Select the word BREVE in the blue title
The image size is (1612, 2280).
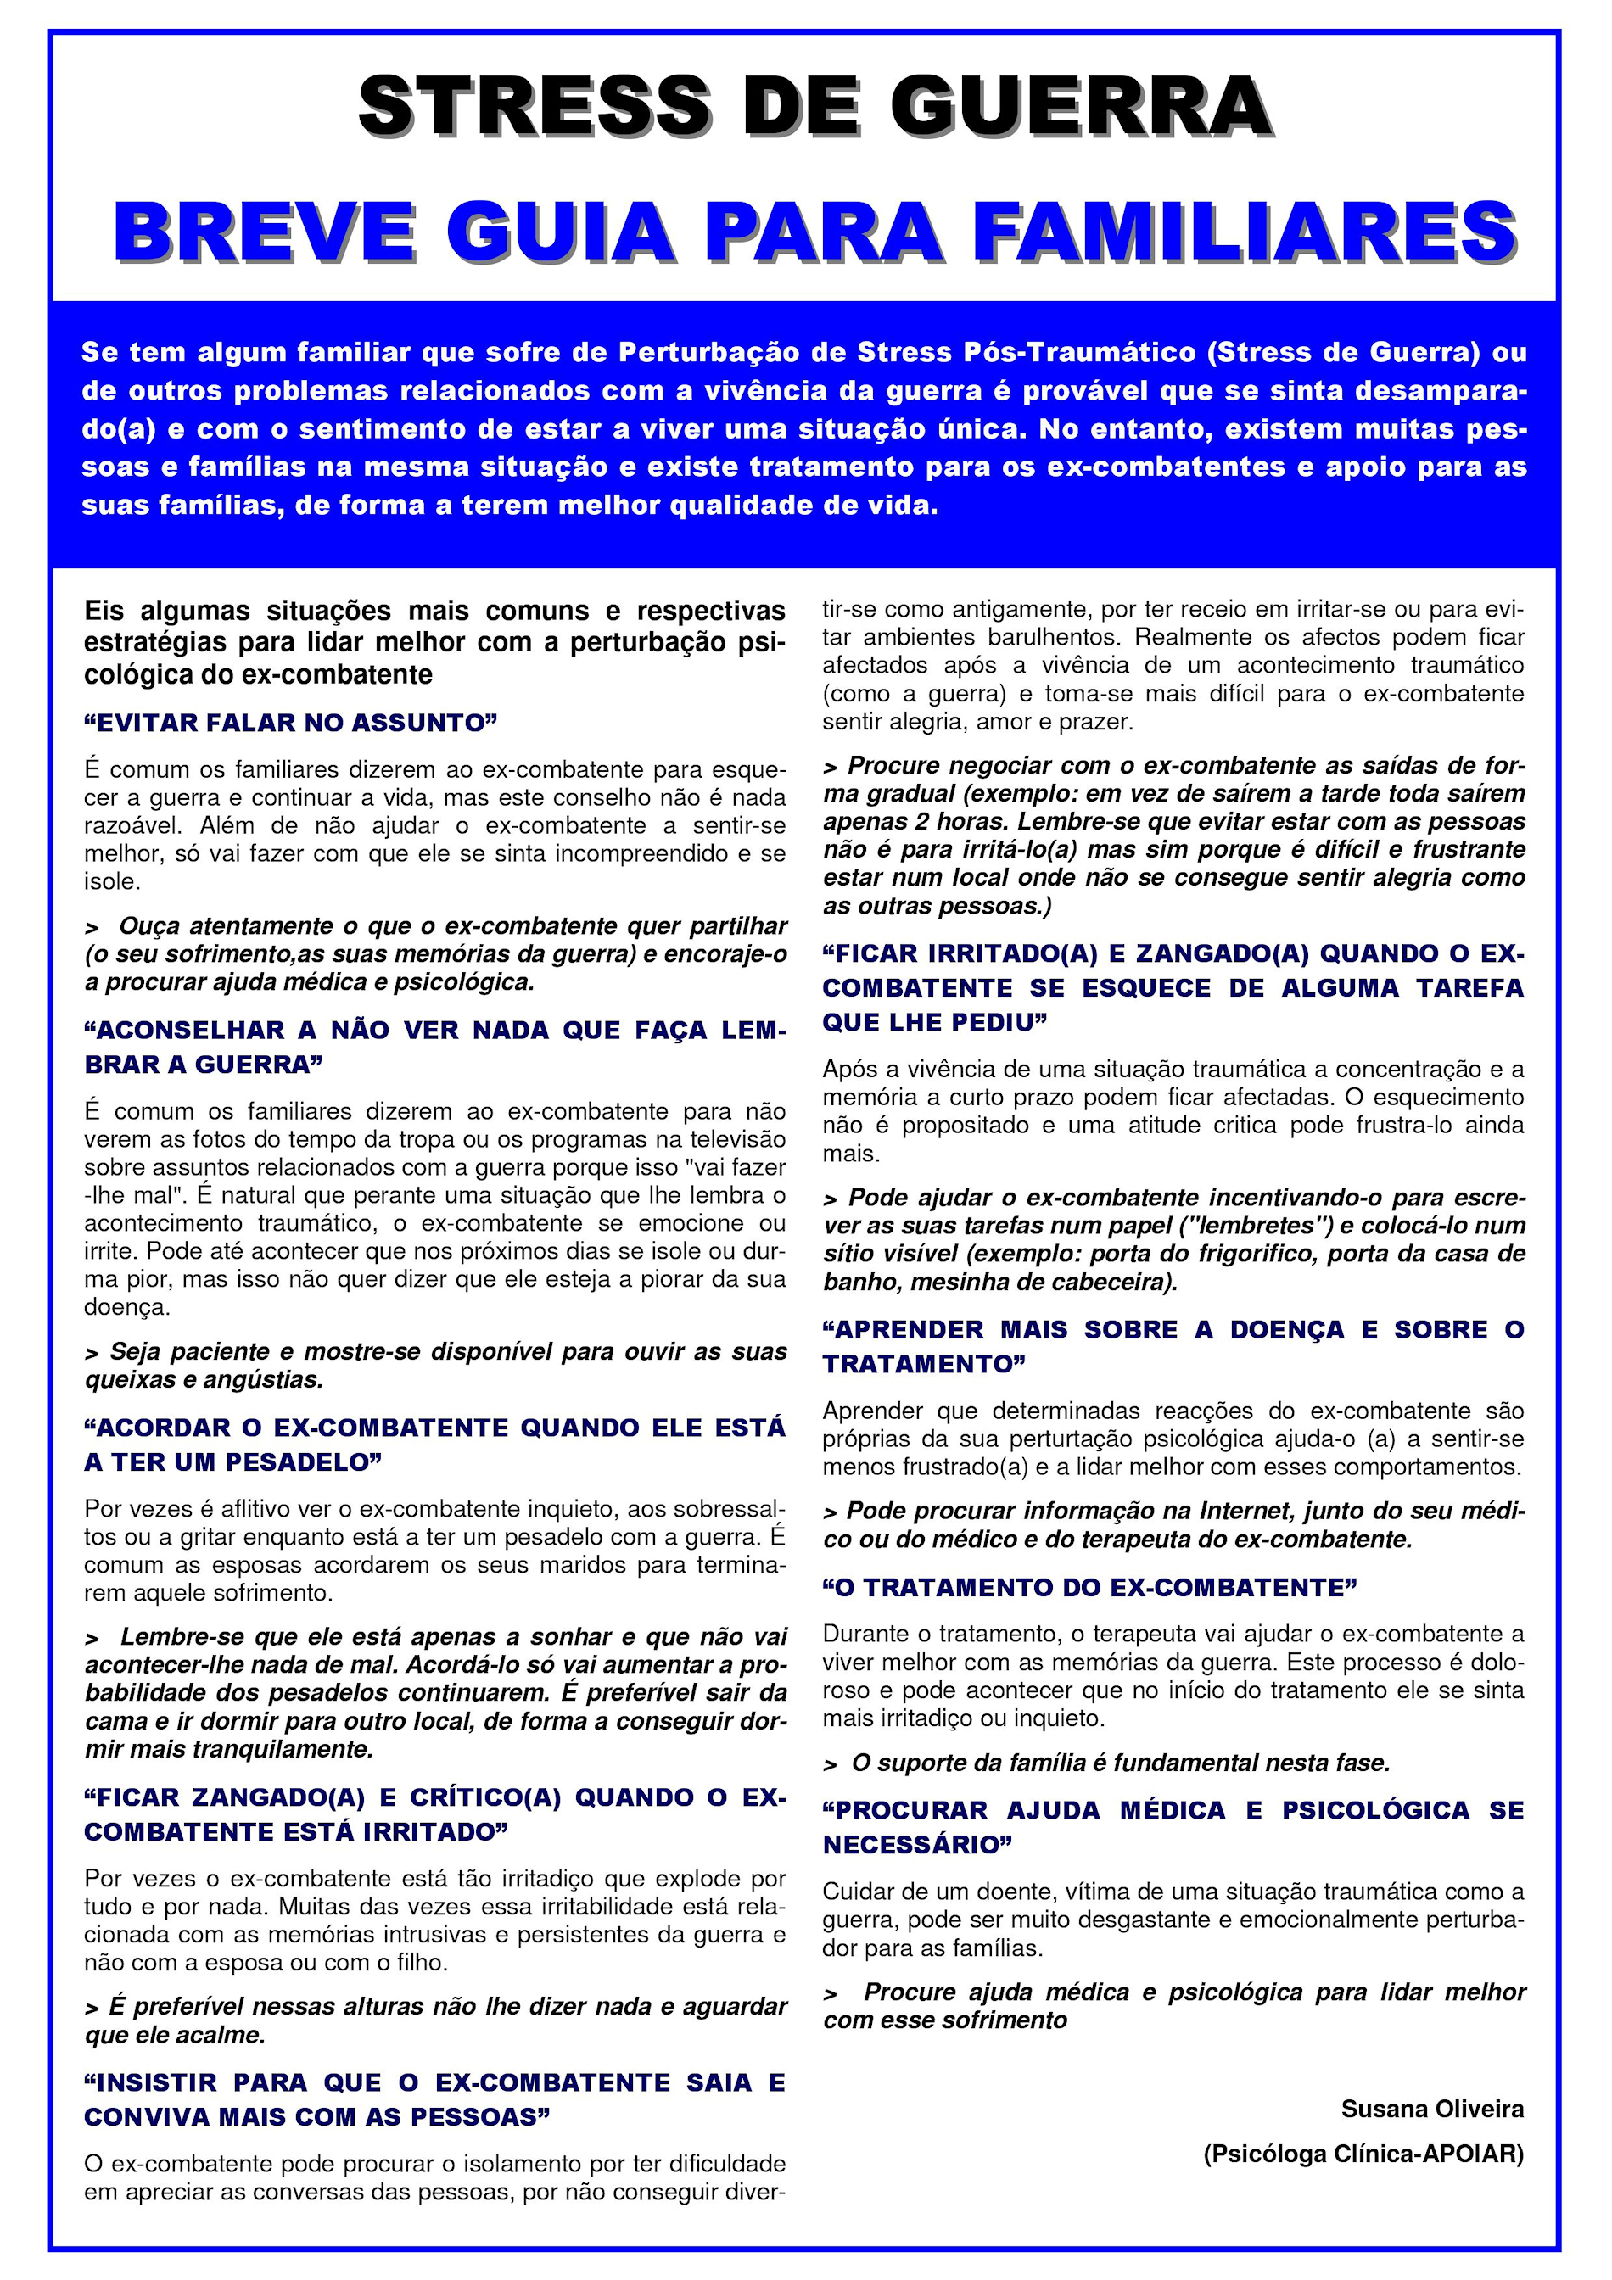(264, 232)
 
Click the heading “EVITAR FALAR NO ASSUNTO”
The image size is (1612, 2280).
(290, 723)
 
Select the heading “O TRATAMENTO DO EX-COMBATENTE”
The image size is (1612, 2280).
(1089, 1588)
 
